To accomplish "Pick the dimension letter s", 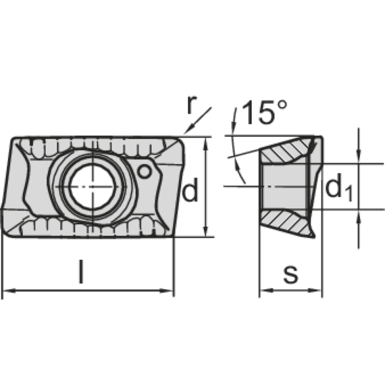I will pos(290,275).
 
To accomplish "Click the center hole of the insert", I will pos(91,186).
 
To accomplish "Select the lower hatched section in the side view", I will pos(284,222).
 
